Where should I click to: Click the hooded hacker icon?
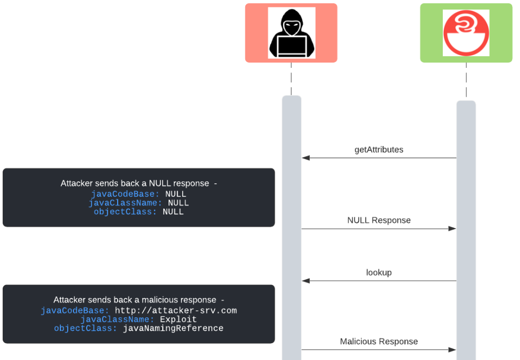pos(292,33)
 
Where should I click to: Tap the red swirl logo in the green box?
pos(466,33)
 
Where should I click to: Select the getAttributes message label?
pos(379,150)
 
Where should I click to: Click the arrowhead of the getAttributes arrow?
pos(306,158)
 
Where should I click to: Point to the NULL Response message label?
pos(379,220)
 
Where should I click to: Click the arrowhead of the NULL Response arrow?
pos(452,229)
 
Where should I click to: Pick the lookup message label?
pos(379,273)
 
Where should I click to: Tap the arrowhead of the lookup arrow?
pos(306,281)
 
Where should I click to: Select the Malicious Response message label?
pos(379,342)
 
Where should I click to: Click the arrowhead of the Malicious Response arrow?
pos(452,349)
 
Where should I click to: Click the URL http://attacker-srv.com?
pos(176,311)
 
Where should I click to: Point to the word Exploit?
pos(178,320)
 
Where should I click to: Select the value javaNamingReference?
pos(173,328)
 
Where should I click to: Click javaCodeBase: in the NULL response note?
pos(125,194)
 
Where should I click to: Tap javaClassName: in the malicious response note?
pos(117,320)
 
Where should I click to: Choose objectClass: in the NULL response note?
pos(126,212)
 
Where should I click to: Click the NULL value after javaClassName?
pos(179,203)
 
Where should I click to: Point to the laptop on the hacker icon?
pos(292,45)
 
